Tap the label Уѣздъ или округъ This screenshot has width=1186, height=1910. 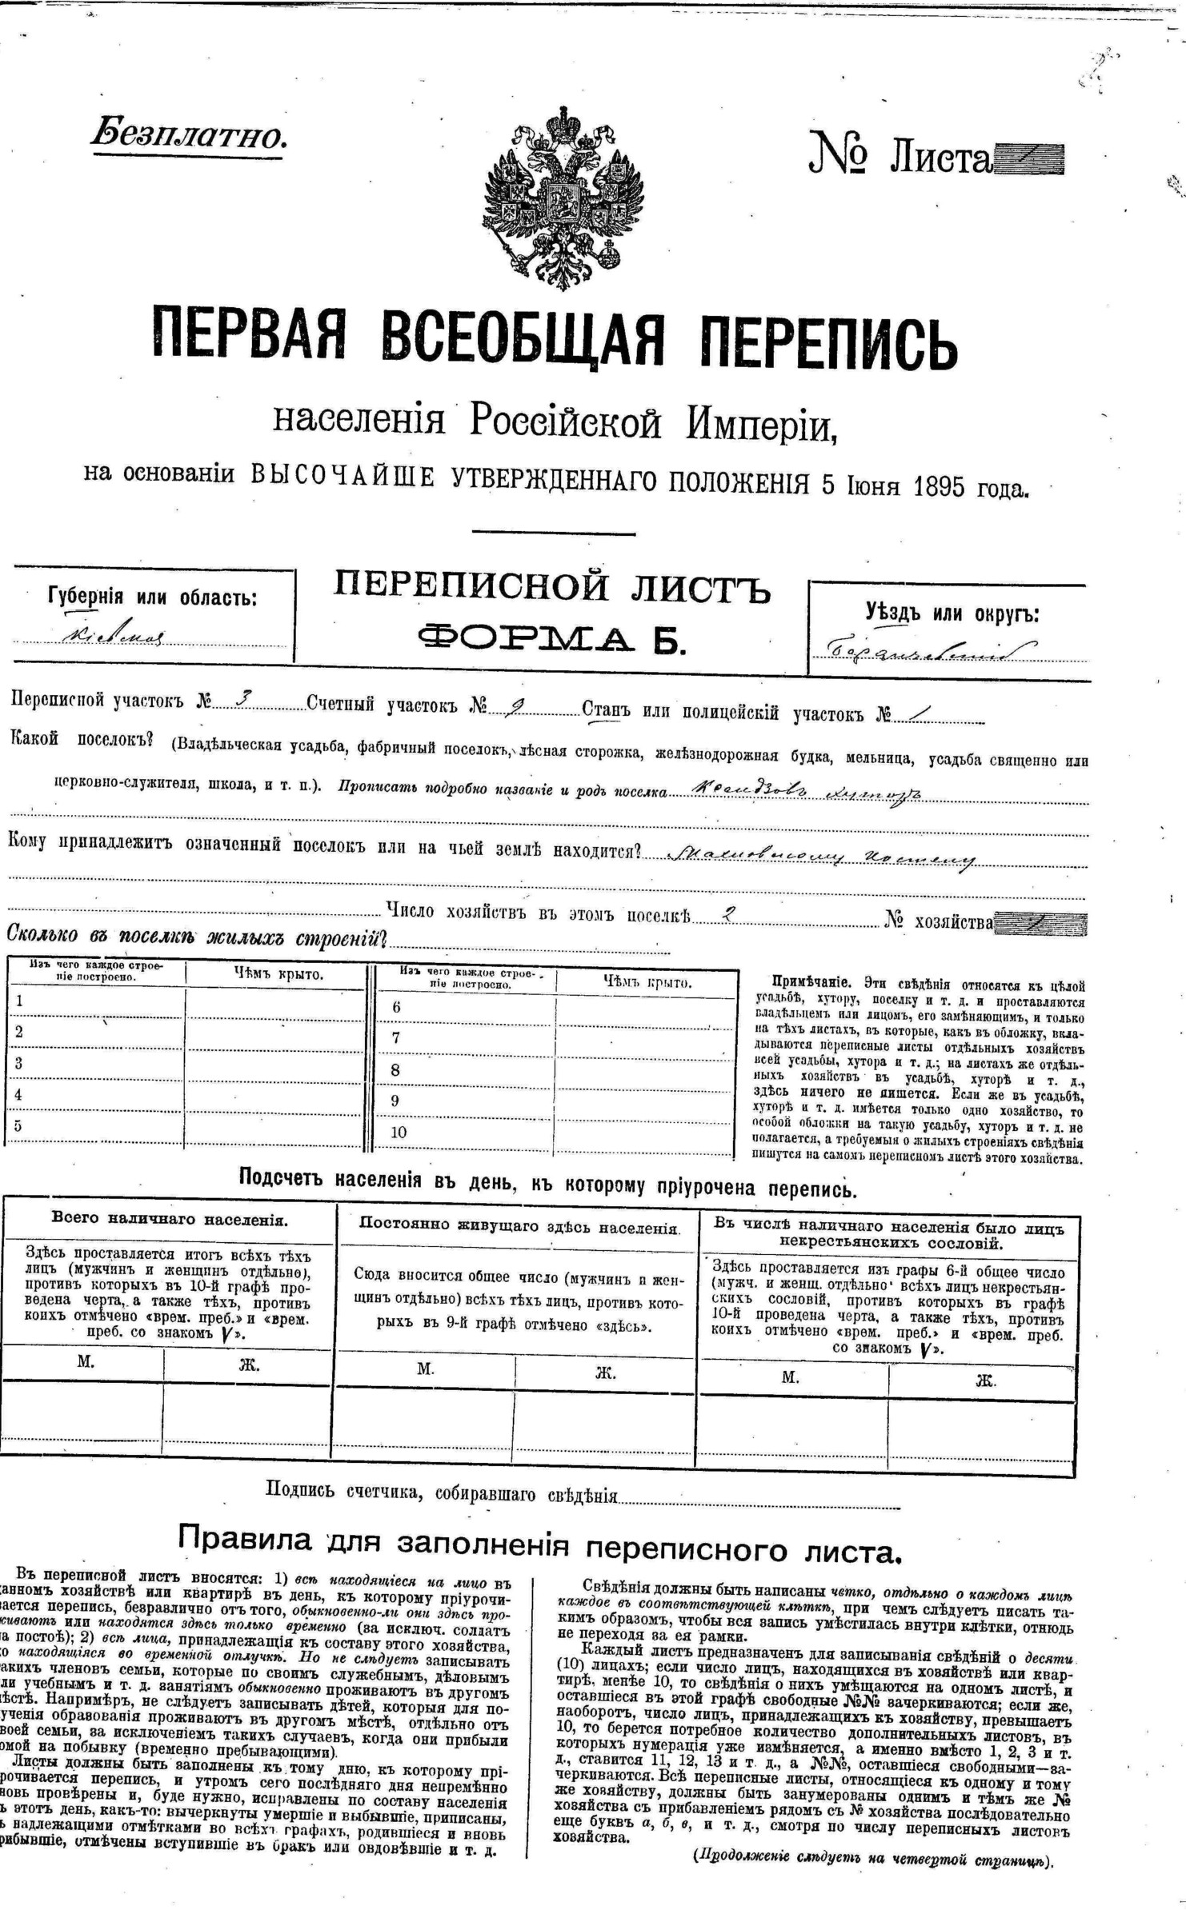(952, 613)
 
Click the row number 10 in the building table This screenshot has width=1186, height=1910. (399, 1132)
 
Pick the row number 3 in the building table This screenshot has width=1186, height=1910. (19, 1063)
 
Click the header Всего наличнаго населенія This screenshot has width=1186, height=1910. (170, 1220)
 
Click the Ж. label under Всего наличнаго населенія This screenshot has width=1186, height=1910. (249, 1365)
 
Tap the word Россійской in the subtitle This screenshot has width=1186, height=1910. (565, 422)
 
